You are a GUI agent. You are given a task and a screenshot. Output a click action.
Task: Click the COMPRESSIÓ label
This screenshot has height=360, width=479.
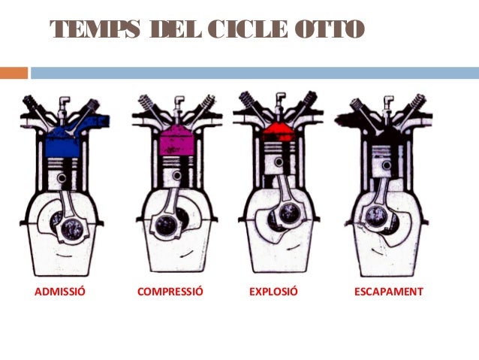point(170,291)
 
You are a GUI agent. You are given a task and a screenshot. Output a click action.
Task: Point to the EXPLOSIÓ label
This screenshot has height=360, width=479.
point(273,291)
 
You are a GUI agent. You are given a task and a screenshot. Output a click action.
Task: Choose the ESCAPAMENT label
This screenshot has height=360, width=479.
point(389,291)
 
